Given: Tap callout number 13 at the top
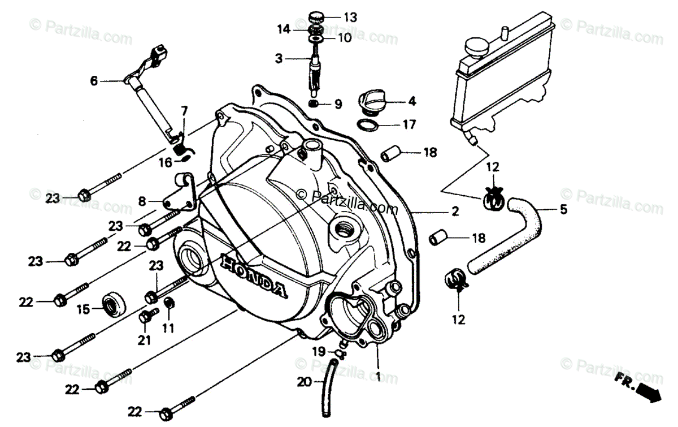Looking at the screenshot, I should pyautogui.click(x=350, y=18).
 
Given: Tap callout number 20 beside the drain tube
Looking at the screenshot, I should pyautogui.click(x=305, y=382).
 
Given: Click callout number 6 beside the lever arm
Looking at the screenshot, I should pyautogui.click(x=94, y=81).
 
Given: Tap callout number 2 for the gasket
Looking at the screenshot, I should pyautogui.click(x=454, y=212).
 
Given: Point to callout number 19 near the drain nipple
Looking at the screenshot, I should pyautogui.click(x=318, y=352).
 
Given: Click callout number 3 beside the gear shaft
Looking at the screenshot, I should pyautogui.click(x=279, y=58).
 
